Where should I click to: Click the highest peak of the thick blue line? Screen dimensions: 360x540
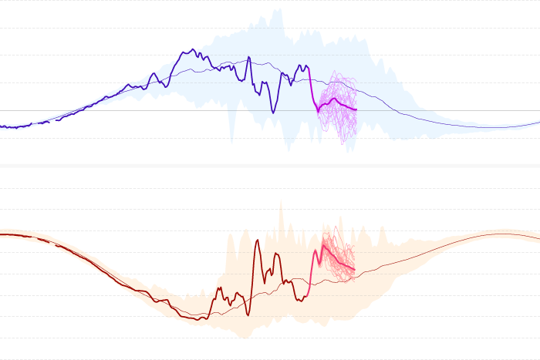point(191,50)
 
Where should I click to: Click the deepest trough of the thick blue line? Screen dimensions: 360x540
point(273,113)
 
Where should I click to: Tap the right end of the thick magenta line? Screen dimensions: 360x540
point(356,109)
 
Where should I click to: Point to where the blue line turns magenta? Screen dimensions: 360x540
point(311,85)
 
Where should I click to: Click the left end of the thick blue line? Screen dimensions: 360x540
point(1,126)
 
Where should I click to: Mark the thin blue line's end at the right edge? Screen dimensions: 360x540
point(539,122)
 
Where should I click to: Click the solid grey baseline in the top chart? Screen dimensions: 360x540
point(154,110)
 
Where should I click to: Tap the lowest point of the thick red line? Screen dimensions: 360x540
point(201,318)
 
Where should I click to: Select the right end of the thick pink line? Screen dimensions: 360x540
point(354,269)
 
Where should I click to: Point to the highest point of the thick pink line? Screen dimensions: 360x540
point(322,244)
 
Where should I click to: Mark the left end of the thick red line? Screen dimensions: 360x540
point(1,234)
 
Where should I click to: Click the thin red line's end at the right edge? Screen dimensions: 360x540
point(539,237)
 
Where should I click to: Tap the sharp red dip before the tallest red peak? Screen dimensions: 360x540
point(248,314)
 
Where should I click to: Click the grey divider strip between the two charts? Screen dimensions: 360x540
point(270,166)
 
